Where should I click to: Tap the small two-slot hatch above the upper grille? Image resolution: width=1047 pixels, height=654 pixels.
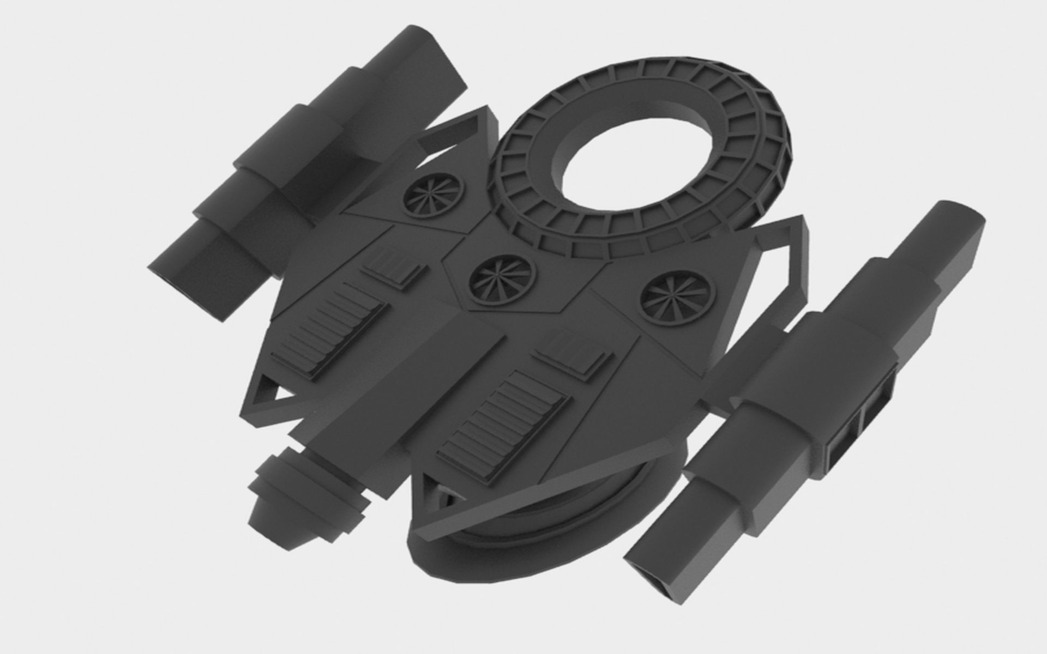(393, 265)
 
